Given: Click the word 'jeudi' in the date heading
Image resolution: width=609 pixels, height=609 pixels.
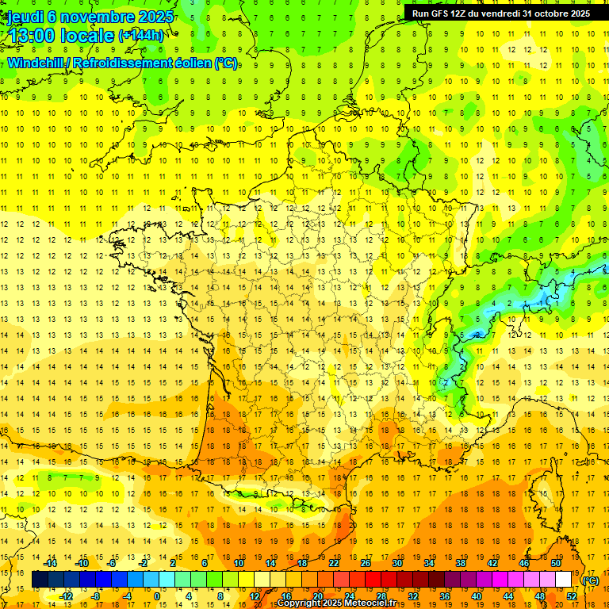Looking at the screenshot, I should pyautogui.click(x=24, y=17).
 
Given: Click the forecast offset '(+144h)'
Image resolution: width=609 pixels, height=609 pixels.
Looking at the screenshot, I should pyautogui.click(x=141, y=36).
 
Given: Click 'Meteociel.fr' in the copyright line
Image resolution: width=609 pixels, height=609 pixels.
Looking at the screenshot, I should pyautogui.click(x=368, y=603).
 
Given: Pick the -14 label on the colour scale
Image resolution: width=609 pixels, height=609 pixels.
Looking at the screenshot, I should pyautogui.click(x=51, y=563).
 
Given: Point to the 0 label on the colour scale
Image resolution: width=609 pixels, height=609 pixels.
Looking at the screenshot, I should pyautogui.click(x=157, y=596).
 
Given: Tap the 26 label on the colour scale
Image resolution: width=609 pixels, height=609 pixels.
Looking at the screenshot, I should pyautogui.click(x=365, y=563).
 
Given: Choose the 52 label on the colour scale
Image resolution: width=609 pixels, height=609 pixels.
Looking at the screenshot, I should pyautogui.click(x=571, y=596).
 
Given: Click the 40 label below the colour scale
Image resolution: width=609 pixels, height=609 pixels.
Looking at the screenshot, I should pyautogui.click(x=476, y=596).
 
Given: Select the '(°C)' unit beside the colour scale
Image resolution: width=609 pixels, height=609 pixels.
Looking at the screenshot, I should pyautogui.click(x=591, y=580).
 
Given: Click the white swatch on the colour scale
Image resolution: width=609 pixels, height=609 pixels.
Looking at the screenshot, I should pyautogui.click(x=563, y=580).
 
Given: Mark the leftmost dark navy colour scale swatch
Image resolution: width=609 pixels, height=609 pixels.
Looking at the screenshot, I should pyautogui.click(x=40, y=580).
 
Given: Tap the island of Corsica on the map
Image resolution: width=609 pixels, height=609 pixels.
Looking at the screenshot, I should pyautogui.click(x=547, y=492).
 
